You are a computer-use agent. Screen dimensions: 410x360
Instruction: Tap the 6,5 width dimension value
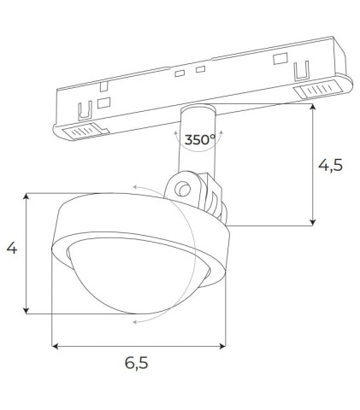point(137,363)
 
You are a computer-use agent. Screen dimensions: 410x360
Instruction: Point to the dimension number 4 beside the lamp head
point(12,249)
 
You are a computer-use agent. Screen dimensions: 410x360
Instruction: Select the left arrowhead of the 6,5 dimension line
point(56,346)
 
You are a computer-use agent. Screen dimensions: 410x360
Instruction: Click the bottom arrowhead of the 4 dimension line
point(28,311)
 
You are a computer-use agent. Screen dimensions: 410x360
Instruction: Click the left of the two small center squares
point(179,74)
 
